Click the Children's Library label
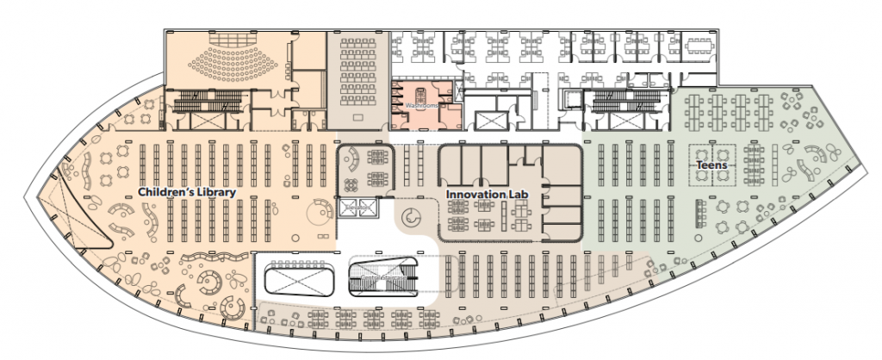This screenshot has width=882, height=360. [187, 193]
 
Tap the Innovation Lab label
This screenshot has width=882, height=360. [485, 195]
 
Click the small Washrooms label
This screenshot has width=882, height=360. [422, 106]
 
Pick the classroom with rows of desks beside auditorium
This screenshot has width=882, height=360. [356, 76]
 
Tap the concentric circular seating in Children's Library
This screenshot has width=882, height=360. [207, 280]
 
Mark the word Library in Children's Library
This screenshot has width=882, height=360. [213, 193]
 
